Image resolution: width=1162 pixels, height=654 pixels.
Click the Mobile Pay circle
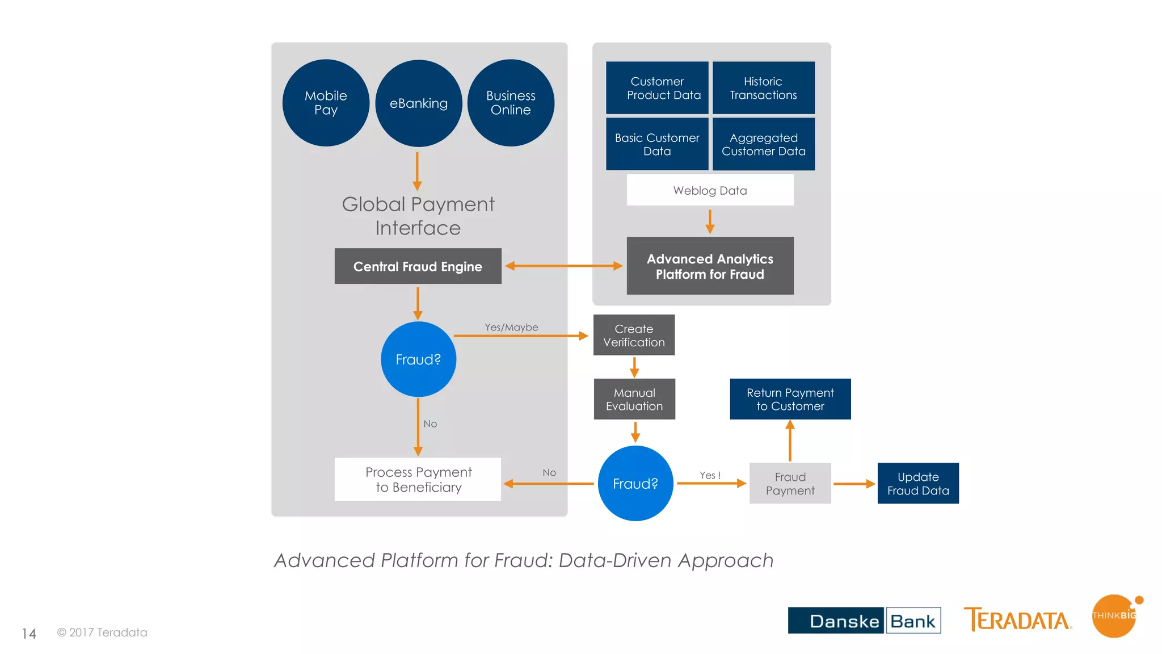coord(326,103)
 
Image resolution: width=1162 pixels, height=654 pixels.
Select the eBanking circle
coord(419,103)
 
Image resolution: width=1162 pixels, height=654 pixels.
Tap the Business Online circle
coord(511,103)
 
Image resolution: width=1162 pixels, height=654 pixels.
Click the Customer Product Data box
coord(657,88)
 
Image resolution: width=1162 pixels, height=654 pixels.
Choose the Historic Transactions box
coord(763,88)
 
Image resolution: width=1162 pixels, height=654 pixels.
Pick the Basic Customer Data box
coord(657,144)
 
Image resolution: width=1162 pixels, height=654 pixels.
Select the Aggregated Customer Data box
coord(763,144)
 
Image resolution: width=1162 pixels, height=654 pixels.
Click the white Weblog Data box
coord(710,190)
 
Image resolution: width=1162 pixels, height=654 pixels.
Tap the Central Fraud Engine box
coord(418,266)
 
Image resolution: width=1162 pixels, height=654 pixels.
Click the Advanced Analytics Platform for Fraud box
coord(710,266)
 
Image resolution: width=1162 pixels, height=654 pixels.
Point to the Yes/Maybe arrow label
coord(511,327)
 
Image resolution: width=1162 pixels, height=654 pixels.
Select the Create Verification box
coord(634,335)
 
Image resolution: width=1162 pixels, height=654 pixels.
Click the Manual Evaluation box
coord(634,399)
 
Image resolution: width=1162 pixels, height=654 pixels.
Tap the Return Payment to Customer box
coord(790,399)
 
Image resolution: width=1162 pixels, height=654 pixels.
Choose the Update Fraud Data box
coord(917,483)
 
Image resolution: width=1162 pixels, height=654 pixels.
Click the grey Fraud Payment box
coord(790,483)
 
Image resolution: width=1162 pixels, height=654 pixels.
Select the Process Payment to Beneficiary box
coord(418,479)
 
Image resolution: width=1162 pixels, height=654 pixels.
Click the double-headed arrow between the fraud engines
coord(564,266)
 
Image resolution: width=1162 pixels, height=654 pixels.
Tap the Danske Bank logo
coord(864,621)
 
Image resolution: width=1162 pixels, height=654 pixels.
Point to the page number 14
coord(29,634)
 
